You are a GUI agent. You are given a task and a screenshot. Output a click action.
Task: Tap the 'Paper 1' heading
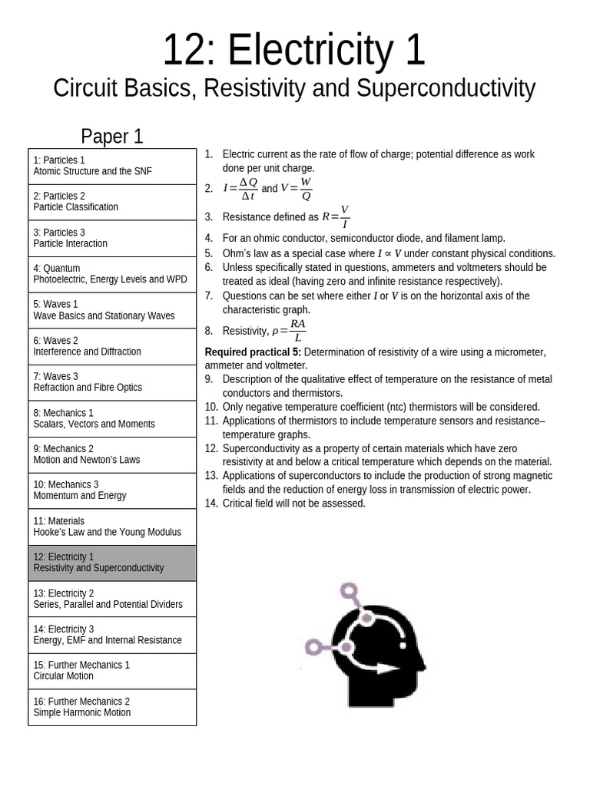click(x=112, y=137)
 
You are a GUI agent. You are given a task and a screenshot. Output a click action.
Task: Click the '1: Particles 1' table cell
click(x=112, y=166)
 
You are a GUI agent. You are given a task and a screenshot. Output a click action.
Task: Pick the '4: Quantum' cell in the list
click(x=112, y=274)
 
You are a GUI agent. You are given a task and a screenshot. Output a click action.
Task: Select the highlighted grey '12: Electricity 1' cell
click(x=112, y=563)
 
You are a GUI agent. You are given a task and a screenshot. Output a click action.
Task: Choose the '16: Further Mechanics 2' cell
click(x=112, y=707)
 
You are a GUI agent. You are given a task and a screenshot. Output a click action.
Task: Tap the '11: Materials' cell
click(x=112, y=527)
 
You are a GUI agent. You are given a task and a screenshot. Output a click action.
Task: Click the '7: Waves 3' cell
click(x=112, y=382)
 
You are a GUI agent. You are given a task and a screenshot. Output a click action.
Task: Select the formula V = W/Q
click(x=297, y=188)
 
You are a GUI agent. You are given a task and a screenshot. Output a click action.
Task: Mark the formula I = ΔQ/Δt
click(x=240, y=188)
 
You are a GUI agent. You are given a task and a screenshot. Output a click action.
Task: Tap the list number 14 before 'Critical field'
click(x=211, y=504)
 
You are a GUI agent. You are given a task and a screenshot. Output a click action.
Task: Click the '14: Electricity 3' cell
click(x=112, y=635)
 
